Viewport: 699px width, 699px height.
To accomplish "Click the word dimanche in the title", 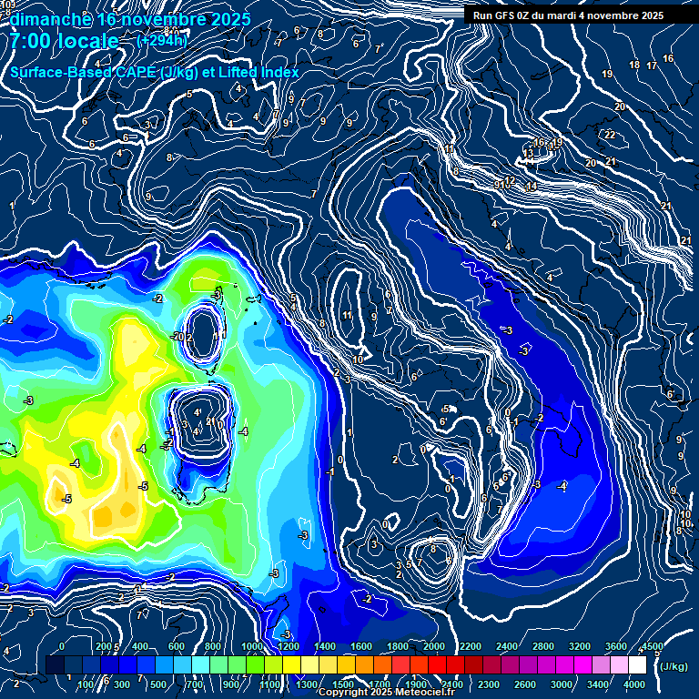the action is tap(50, 19).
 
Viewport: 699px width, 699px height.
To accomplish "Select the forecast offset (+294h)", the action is tap(163, 41).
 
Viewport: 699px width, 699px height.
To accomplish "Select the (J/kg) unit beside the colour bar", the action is tap(674, 667).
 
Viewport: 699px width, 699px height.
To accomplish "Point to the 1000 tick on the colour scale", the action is tap(251, 646).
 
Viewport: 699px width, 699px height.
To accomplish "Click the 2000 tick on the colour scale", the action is tap(434, 646).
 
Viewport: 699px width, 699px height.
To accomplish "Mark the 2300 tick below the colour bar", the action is tap(489, 684).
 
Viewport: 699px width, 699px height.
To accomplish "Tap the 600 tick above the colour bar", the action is tap(177, 646).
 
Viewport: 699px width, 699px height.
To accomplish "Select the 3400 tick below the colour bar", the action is tap(599, 684).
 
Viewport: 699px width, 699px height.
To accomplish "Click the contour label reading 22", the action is tap(610, 135).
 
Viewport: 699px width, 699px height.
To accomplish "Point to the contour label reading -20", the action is tap(178, 337).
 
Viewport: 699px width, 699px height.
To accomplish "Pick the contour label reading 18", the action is tap(635, 66).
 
